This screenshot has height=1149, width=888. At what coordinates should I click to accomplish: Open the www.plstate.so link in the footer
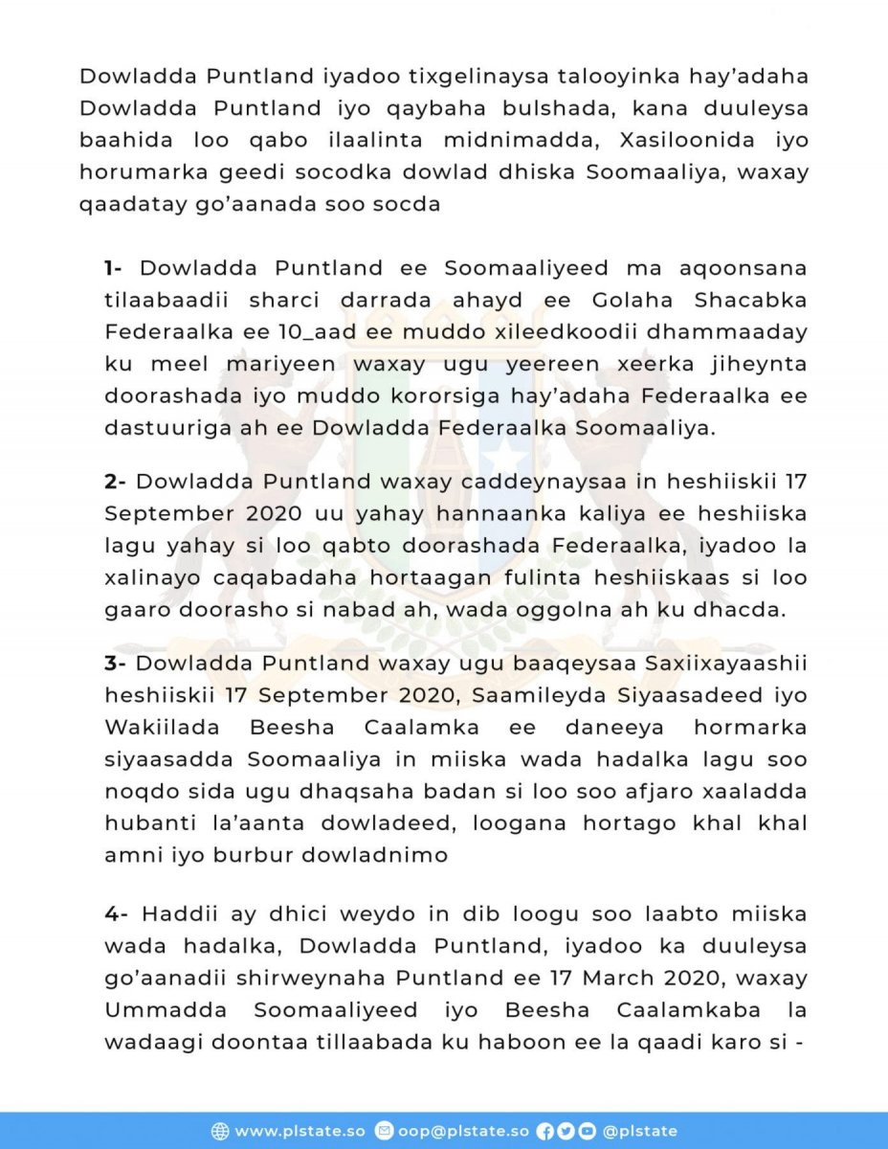tap(300, 1131)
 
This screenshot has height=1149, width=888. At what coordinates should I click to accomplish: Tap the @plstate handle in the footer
tap(639, 1131)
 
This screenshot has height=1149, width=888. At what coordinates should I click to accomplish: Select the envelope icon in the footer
tap(384, 1131)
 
